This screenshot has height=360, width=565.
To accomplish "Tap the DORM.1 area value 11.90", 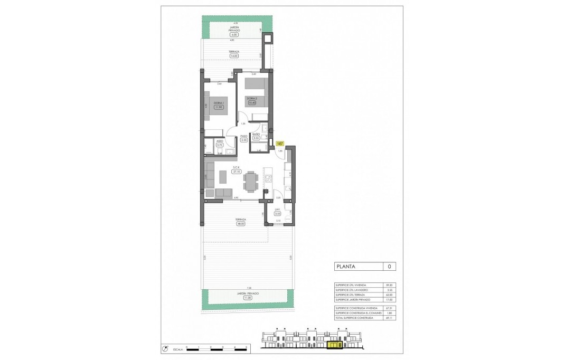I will click(218, 107).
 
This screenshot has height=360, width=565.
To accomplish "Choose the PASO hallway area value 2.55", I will click(243, 140).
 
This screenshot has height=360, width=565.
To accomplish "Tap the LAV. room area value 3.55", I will click(278, 214).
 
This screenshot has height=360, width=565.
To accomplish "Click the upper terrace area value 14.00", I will click(233, 56).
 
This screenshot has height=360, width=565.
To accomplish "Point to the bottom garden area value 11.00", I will click(247, 298).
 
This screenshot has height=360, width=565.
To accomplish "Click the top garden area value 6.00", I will click(234, 35).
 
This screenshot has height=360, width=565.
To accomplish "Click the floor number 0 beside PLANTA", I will click(389, 267).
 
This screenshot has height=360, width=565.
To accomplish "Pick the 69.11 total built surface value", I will click(389, 318).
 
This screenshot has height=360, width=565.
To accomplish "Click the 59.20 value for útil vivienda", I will click(389, 285).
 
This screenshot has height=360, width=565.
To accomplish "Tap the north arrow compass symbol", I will click(166, 348).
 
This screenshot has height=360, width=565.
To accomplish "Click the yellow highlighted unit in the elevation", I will click(335, 346).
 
